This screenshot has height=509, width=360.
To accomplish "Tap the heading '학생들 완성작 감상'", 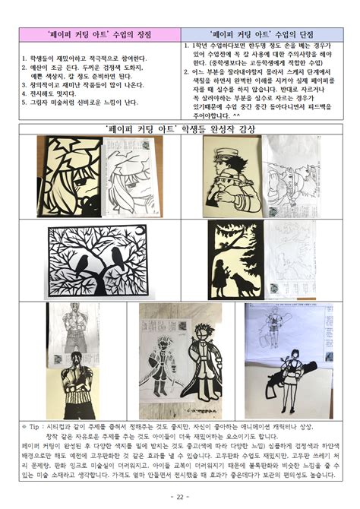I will (x=180, y=129).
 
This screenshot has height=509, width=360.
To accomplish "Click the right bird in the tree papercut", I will (x=119, y=258).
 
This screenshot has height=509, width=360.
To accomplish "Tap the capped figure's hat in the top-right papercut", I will (x=228, y=148).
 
